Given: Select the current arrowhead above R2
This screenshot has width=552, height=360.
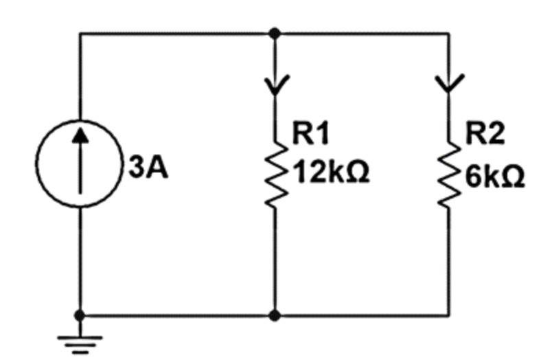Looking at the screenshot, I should [450, 85].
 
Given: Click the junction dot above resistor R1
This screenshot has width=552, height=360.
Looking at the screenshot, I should [275, 33].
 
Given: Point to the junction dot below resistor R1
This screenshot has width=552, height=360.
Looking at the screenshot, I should [275, 315].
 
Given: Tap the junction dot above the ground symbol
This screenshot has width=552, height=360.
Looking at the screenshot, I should [80, 315].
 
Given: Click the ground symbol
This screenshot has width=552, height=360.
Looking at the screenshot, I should [80, 341].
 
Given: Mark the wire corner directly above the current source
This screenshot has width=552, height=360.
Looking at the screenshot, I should [80, 33].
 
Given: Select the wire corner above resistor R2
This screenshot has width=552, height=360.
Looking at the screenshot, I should [450, 33].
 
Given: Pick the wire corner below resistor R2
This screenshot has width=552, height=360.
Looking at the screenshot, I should [450, 315].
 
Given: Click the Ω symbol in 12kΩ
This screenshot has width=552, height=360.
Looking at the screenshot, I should [358, 174].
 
